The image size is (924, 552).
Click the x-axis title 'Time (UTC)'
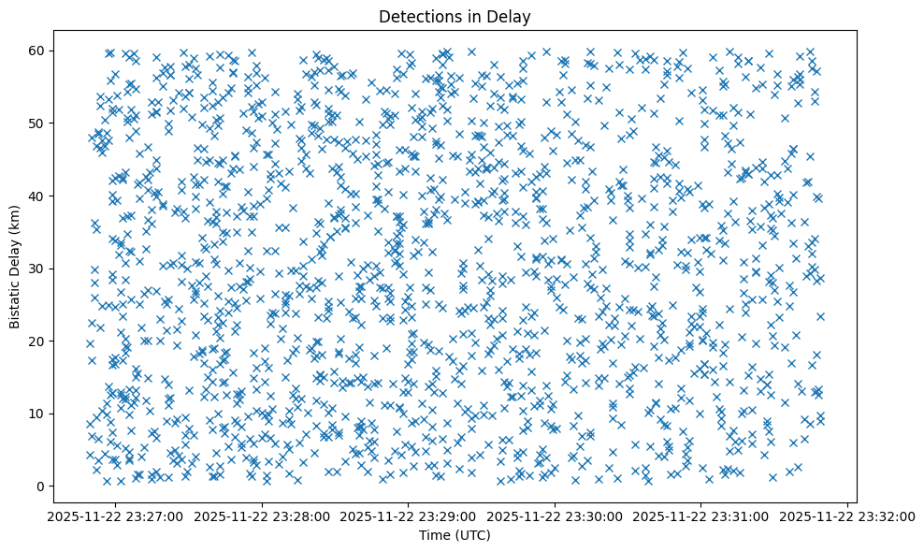click(454, 536)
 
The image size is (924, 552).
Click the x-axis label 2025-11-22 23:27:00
click(116, 515)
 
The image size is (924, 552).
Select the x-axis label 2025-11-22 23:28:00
click(263, 515)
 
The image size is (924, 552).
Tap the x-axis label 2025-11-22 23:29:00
click(409, 515)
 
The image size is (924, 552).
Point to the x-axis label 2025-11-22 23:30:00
click(556, 515)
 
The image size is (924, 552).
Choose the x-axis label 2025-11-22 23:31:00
click(701, 515)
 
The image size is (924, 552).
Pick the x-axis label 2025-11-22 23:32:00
click(848, 515)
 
